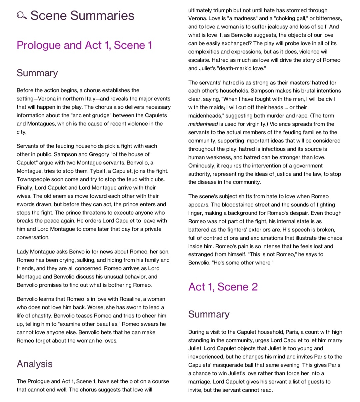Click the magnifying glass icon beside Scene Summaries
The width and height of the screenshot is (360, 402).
[22, 15]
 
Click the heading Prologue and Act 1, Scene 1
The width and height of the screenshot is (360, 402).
[84, 45]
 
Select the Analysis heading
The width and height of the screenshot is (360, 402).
[35, 364]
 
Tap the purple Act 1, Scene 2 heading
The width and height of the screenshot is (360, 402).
[223, 287]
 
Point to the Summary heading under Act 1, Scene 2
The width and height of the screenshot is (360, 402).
[209, 314]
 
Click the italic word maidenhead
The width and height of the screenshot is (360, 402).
[203, 124]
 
